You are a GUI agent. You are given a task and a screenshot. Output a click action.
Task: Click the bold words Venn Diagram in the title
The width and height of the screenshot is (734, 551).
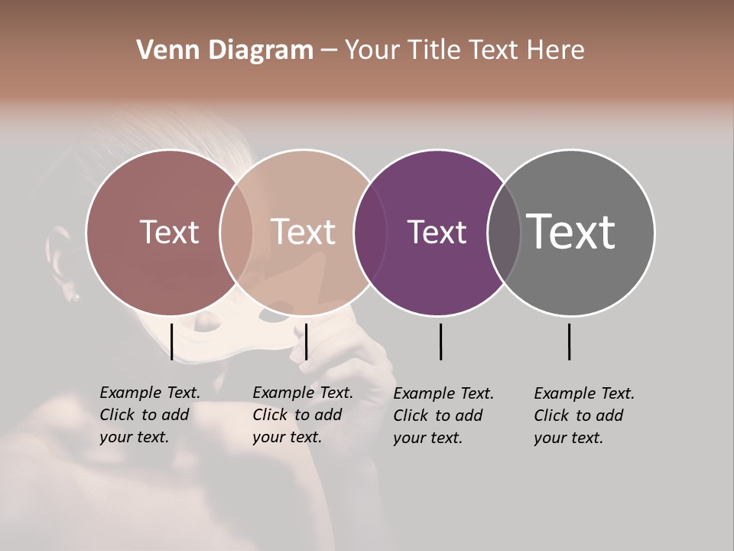(225, 51)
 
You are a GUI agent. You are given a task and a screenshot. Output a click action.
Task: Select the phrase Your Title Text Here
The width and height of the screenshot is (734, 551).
(464, 51)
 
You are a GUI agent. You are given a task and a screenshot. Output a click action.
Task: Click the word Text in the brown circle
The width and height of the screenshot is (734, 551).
(169, 232)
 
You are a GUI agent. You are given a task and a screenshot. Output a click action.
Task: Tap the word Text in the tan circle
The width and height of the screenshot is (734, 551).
(303, 232)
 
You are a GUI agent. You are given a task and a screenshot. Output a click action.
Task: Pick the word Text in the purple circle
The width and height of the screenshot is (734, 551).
(437, 232)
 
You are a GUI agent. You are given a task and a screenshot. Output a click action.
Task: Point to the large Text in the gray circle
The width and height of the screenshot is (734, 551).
(571, 232)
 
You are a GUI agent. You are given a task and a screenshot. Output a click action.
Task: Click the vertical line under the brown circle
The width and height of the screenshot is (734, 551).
(172, 341)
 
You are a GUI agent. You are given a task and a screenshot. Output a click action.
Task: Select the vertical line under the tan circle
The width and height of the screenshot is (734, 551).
(306, 341)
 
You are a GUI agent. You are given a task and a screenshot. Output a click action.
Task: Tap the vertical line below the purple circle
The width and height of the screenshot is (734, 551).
(440, 341)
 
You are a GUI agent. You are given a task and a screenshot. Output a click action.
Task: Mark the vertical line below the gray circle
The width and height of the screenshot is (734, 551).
(570, 341)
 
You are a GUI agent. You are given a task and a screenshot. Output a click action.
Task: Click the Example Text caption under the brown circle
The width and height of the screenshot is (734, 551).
(149, 415)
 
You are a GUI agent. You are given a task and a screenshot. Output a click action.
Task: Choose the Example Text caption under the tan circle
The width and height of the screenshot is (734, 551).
(302, 415)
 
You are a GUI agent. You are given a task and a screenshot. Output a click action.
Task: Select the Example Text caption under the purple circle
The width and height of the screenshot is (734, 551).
(443, 416)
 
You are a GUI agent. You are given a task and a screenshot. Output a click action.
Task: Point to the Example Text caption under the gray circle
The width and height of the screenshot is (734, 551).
(583, 416)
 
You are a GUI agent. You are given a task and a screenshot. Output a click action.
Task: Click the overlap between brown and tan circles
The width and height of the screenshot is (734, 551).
(236, 232)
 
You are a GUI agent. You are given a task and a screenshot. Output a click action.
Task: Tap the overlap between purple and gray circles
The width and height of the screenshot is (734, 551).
(504, 232)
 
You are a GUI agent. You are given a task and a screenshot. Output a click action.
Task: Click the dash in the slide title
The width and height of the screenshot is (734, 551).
(329, 51)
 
